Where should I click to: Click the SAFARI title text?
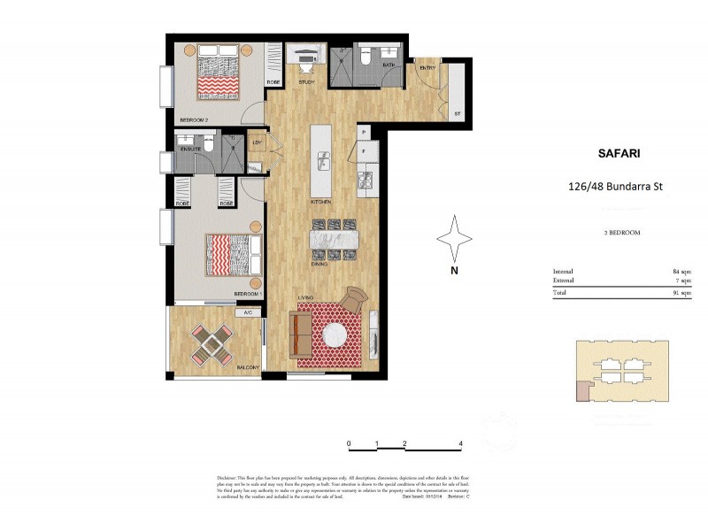[x=614, y=153]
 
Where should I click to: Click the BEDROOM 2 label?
[x=194, y=119]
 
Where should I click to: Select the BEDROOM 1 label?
[x=248, y=293]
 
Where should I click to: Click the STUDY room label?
[x=306, y=81]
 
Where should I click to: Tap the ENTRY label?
[x=427, y=68]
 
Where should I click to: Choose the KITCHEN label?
[x=321, y=203]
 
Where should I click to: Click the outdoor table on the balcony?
[x=212, y=342]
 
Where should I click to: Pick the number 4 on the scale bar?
[x=460, y=443]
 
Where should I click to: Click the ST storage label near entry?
[x=458, y=115]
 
